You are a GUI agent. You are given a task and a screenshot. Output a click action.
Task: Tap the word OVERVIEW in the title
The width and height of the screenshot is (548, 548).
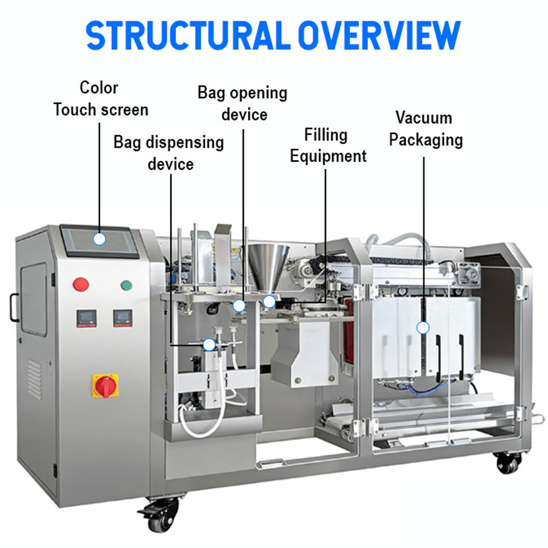pyautogui.click(x=379, y=35)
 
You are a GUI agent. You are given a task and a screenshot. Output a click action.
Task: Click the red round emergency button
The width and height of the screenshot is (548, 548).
pyautogui.click(x=81, y=284)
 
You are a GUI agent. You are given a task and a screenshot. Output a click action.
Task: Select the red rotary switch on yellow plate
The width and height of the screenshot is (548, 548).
pyautogui.click(x=105, y=386)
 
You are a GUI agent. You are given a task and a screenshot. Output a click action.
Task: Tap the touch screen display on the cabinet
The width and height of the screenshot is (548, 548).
pyautogui.click(x=100, y=242)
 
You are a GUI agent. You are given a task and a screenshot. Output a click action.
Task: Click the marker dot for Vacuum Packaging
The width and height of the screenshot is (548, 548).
pyautogui.click(x=423, y=328)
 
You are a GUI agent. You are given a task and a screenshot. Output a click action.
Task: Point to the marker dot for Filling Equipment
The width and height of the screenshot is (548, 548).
pyautogui.click(x=269, y=301)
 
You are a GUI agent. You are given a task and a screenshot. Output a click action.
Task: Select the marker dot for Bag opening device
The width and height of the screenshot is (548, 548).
pyautogui.click(x=239, y=306)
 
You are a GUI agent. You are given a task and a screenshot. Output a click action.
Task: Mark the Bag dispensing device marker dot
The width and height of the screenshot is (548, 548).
pyautogui.click(x=209, y=345)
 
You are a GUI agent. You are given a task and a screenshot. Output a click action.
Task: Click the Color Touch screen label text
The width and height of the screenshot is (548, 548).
pyautogui.click(x=101, y=99)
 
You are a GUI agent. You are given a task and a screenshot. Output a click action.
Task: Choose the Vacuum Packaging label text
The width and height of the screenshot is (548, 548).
pyautogui.click(x=426, y=129)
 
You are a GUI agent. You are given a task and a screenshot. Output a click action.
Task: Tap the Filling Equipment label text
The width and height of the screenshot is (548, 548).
pyautogui.click(x=328, y=146)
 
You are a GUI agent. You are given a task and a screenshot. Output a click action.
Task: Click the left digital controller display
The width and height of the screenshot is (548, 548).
pyautogui.click(x=87, y=318)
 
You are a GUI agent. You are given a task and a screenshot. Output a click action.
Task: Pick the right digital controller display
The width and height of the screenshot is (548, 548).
pyautogui.click(x=123, y=318)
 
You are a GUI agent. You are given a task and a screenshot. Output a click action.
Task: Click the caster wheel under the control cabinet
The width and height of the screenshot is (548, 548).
pyautogui.click(x=161, y=514)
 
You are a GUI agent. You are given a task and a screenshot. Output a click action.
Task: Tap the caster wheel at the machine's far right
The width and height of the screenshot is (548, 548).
pyautogui.click(x=508, y=463)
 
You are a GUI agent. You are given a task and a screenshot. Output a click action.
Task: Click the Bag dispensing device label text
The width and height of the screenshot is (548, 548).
pyautogui.click(x=169, y=153)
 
